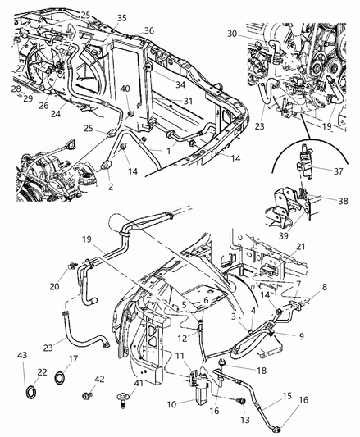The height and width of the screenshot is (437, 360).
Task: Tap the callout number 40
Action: coord(125,88)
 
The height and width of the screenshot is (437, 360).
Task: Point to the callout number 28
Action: coord(15,88)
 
